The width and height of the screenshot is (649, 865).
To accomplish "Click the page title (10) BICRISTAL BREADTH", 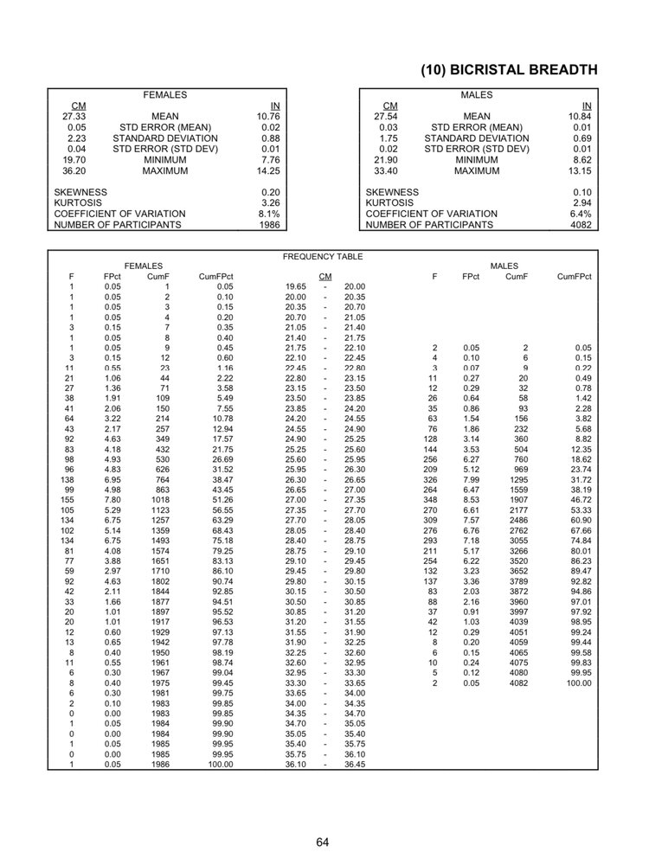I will pos(509,70).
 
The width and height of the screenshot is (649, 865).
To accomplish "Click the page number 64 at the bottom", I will pos(324,842).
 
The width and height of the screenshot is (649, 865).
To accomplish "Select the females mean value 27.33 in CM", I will pos(74,116).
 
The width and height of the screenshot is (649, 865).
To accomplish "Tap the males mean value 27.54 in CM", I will pos(385,116).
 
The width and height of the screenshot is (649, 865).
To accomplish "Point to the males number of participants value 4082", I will pos(581,225).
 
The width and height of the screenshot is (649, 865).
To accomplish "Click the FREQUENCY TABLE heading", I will pos(323,257).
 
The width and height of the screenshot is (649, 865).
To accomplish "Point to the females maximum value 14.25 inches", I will pos(269,171).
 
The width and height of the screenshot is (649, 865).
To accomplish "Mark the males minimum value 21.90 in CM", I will pos(385,160).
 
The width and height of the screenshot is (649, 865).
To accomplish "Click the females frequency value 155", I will pos(68,500).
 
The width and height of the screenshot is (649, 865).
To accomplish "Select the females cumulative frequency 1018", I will pos(159,500).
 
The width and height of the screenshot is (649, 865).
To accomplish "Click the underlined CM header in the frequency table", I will pos(325,277).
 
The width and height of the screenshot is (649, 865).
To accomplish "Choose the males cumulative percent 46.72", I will pos(581,500).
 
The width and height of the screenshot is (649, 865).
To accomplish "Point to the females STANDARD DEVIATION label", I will pos(165,138).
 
